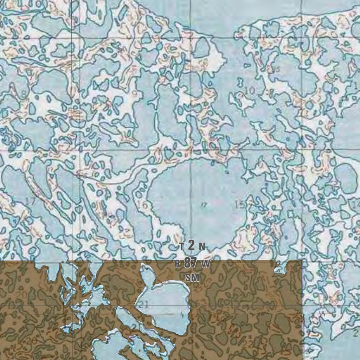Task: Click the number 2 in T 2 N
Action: [191, 245]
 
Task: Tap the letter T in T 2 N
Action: [181, 246]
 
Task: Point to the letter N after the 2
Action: [202, 246]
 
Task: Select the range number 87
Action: [190, 263]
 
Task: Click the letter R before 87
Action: [178, 264]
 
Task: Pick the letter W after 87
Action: [205, 264]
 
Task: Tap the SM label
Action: [193, 278]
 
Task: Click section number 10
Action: [250, 91]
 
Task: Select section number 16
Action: [144, 205]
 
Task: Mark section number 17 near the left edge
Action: [31, 201]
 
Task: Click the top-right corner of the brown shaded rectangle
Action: [302, 261]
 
